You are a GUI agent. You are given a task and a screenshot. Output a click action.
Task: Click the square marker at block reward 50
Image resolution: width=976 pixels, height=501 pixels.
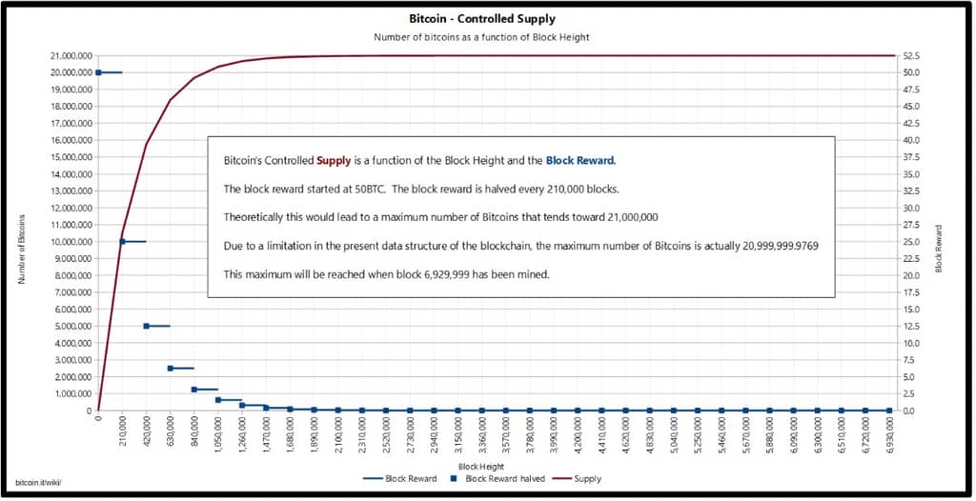(98, 72)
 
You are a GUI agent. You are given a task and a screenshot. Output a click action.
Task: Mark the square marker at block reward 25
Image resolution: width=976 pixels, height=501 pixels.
(122, 241)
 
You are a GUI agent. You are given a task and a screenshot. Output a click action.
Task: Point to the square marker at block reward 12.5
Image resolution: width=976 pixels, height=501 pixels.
(146, 326)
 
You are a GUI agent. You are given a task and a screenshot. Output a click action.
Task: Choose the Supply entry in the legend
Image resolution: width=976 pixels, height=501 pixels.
(585, 478)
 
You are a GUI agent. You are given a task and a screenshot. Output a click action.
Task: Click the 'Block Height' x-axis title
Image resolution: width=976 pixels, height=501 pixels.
(481, 466)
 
